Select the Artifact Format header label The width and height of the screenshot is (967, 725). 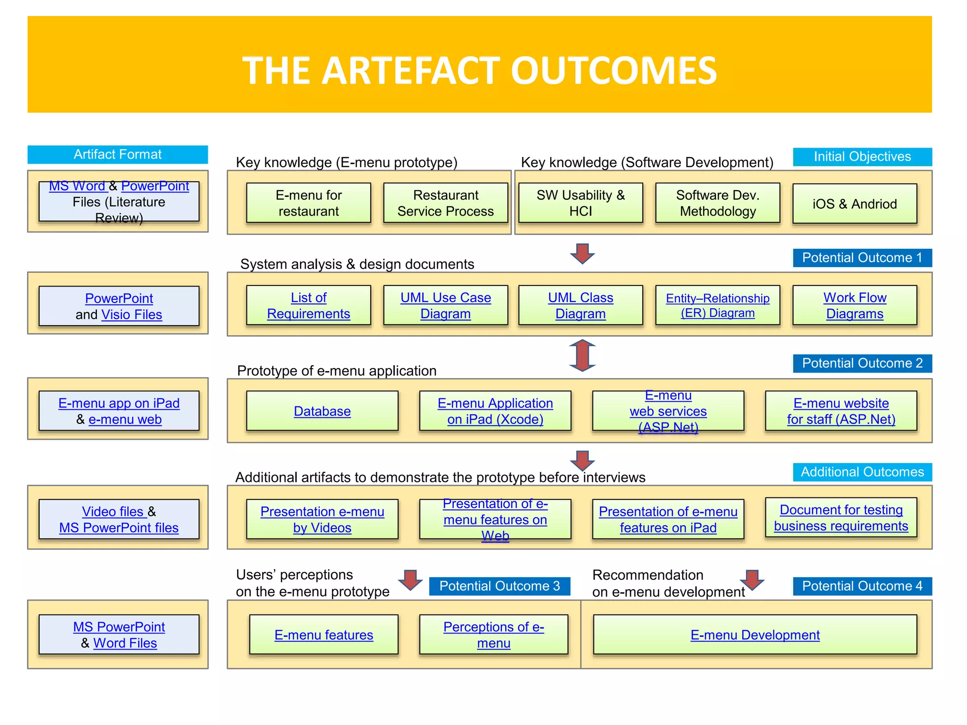pos(118,154)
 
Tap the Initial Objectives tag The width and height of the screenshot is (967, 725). pos(862,157)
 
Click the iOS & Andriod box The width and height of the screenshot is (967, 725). pos(854,204)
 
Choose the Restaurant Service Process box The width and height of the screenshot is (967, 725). pos(445,203)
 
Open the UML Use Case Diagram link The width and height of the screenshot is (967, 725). pos(445,305)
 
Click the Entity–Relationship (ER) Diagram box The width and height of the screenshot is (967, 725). pos(717,305)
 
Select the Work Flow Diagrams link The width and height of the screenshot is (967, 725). pos(854,305)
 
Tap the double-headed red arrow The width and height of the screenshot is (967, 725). pos(582,355)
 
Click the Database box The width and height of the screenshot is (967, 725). pos(322,411)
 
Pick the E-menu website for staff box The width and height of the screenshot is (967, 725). pos(840,411)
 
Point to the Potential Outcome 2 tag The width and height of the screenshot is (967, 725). pos(862,363)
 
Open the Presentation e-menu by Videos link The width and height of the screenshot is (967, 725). pos(322,519)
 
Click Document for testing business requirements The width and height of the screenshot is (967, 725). pos(840,518)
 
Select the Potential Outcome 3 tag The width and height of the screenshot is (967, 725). pos(499,586)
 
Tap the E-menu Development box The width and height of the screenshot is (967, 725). pos(755,635)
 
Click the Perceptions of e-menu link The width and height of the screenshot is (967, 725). pos(493,635)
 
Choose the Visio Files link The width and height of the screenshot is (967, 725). pos(131,314)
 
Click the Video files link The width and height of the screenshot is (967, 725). pos(112,511)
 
